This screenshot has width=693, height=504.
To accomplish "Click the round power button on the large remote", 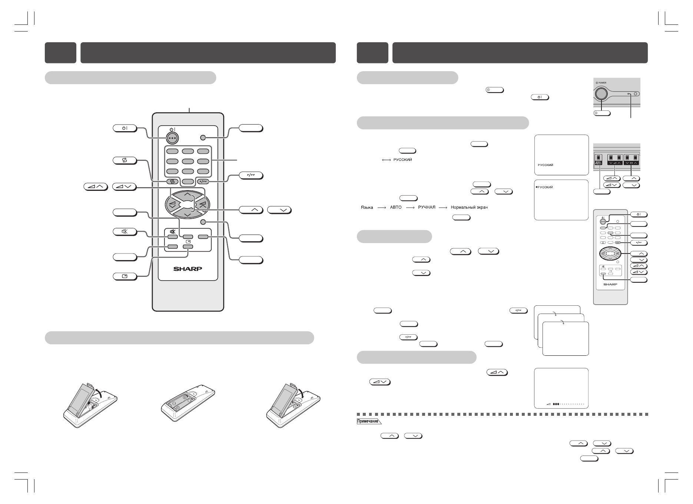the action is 172,137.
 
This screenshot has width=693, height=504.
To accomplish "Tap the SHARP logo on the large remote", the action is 188,269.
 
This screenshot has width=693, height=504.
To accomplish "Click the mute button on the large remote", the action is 172,236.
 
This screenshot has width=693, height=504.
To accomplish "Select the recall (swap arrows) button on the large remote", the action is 172,182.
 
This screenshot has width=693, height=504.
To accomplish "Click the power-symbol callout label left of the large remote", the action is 125,128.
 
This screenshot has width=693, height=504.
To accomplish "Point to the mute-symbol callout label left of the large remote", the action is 125,232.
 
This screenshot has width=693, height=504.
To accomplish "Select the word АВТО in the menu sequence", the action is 396,207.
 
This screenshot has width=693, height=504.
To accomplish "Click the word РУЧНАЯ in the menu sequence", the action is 426,207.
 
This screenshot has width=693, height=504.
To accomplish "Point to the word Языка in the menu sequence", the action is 367,207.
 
